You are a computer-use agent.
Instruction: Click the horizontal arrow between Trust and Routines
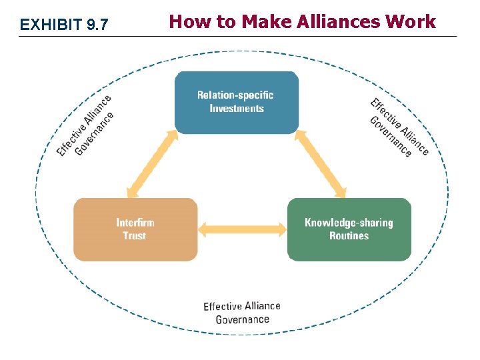(243, 230)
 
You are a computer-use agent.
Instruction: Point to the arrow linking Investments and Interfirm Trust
(152, 164)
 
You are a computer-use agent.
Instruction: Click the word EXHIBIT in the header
(51, 25)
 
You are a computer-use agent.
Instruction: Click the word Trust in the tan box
(134, 236)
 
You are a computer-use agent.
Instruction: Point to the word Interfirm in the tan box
(135, 223)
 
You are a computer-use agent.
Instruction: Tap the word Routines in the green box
(349, 236)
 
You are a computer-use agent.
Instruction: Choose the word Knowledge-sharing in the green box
(349, 223)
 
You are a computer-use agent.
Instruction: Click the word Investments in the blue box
(237, 109)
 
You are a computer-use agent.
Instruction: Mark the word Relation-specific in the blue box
(235, 95)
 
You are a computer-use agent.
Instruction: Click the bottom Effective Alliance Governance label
(242, 313)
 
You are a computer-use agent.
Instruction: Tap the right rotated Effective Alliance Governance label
(399, 127)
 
